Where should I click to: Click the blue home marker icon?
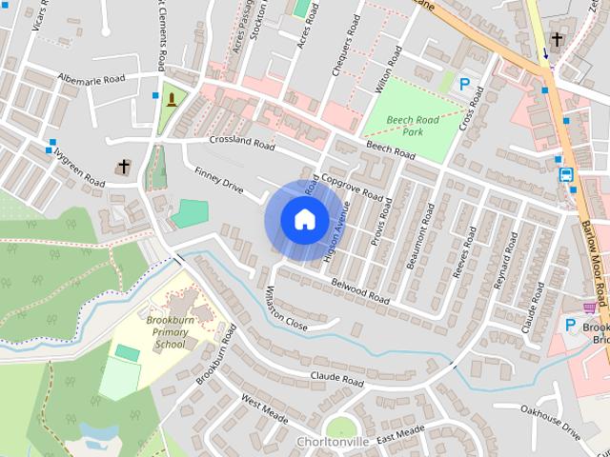303,219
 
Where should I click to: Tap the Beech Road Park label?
412,127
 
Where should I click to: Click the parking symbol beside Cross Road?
464,84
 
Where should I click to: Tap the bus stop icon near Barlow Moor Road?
565,175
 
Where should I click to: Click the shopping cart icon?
590,308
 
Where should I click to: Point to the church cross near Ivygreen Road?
122,168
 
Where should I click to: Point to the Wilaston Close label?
286,307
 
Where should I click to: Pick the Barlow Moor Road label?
594,257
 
